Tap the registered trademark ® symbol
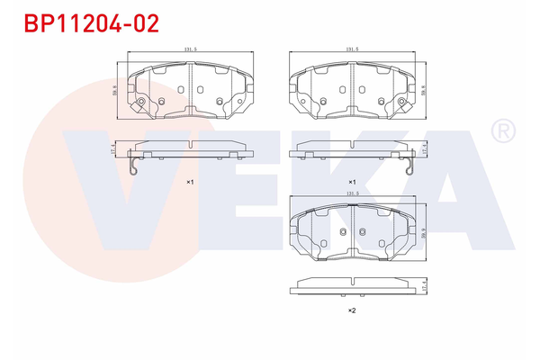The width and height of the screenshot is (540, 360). [x=501, y=133]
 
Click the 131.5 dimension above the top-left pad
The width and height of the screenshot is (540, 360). [x=190, y=51]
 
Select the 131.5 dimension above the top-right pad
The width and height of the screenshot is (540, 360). [x=353, y=51]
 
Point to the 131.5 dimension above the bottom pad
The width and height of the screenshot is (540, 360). [x=353, y=193]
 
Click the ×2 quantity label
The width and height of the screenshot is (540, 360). [x=353, y=310]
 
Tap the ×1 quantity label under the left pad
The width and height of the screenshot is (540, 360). [x=190, y=182]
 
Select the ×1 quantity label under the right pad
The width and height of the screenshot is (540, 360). [x=353, y=182]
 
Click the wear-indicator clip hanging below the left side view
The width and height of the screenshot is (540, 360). [x=132, y=166]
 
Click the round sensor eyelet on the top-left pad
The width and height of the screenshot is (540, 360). [x=139, y=106]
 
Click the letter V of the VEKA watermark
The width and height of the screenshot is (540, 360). [x=94, y=180]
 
